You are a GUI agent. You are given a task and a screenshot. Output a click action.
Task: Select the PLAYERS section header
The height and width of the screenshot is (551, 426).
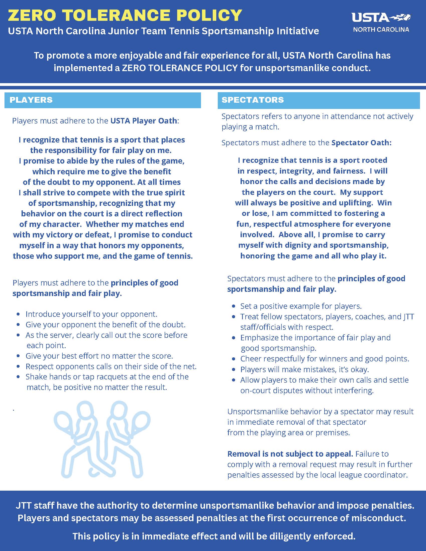click(x=31, y=100)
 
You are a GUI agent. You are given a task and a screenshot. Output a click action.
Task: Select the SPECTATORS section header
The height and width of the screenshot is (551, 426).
click(x=253, y=100)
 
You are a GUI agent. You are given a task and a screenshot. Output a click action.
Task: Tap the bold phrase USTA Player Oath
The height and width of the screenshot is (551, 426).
click(x=144, y=121)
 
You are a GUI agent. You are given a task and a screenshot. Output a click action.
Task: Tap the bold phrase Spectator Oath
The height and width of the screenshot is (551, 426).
click(x=361, y=143)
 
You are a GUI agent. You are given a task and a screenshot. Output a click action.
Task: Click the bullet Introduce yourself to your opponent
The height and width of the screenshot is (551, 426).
click(x=91, y=314)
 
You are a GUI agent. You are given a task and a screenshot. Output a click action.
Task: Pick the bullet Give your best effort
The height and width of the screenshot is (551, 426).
click(x=99, y=356)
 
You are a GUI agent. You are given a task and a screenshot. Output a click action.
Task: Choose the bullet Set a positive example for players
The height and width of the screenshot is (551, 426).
click(x=301, y=306)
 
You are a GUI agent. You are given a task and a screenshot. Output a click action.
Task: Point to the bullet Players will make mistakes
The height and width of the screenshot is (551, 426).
click(x=304, y=369)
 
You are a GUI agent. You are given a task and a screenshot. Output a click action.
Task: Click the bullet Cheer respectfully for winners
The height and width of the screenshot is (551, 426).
click(x=325, y=359)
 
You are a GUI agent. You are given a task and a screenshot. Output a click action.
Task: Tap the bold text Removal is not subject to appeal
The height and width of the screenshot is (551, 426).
click(x=290, y=454)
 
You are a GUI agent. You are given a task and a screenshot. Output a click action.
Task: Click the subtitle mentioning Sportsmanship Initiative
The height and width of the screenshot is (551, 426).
click(x=163, y=31)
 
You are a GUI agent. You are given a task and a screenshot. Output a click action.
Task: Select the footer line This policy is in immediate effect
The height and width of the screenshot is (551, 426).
click(x=214, y=536)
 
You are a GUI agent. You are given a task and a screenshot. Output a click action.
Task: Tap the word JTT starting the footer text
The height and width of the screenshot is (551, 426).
click(x=23, y=506)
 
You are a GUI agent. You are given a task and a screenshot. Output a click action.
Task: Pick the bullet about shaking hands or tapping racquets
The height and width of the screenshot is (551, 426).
click(x=107, y=377)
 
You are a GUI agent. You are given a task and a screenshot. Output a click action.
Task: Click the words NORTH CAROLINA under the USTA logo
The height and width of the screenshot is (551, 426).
click(x=381, y=30)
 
